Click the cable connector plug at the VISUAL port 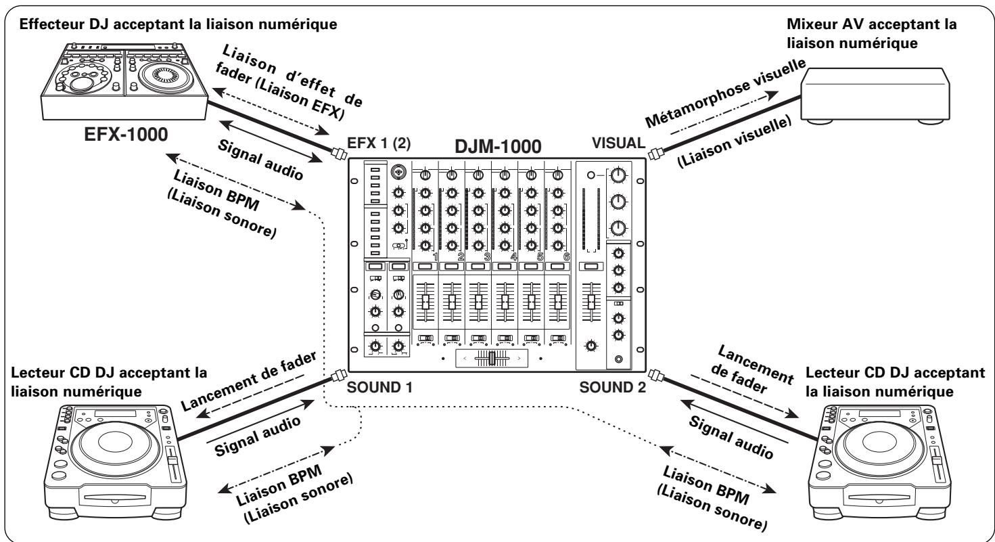[653, 154]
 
